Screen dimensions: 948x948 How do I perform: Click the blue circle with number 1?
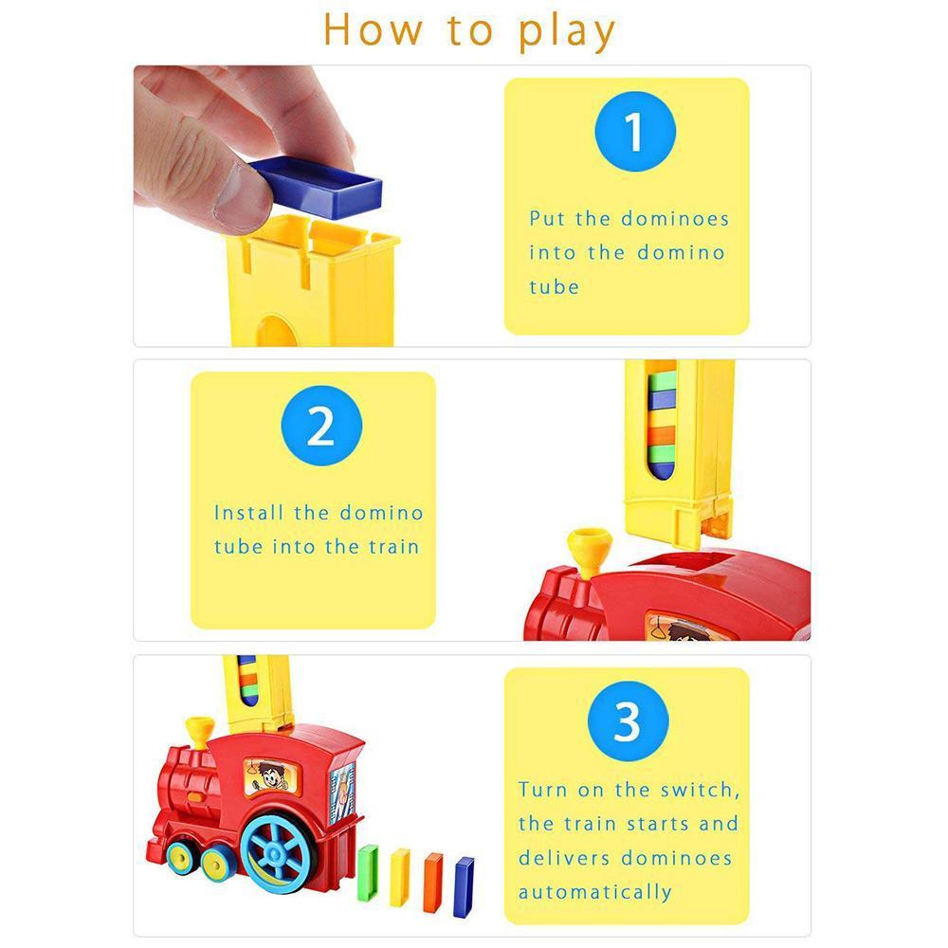pyautogui.click(x=634, y=132)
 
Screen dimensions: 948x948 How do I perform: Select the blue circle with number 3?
pyautogui.click(x=627, y=722)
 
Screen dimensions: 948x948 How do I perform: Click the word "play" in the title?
pyautogui.click(x=567, y=30)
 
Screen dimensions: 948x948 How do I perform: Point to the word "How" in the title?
pyautogui.click(x=373, y=30)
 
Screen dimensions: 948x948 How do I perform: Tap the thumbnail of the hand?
pyautogui.click(x=235, y=189)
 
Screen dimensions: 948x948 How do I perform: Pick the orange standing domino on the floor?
pyautogui.click(x=432, y=882)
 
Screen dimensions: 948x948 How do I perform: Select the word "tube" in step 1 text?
pyautogui.click(x=554, y=286)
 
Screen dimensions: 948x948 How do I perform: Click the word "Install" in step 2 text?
pyautogui.click(x=248, y=513)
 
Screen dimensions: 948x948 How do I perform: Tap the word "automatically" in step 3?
pyautogui.click(x=594, y=892)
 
